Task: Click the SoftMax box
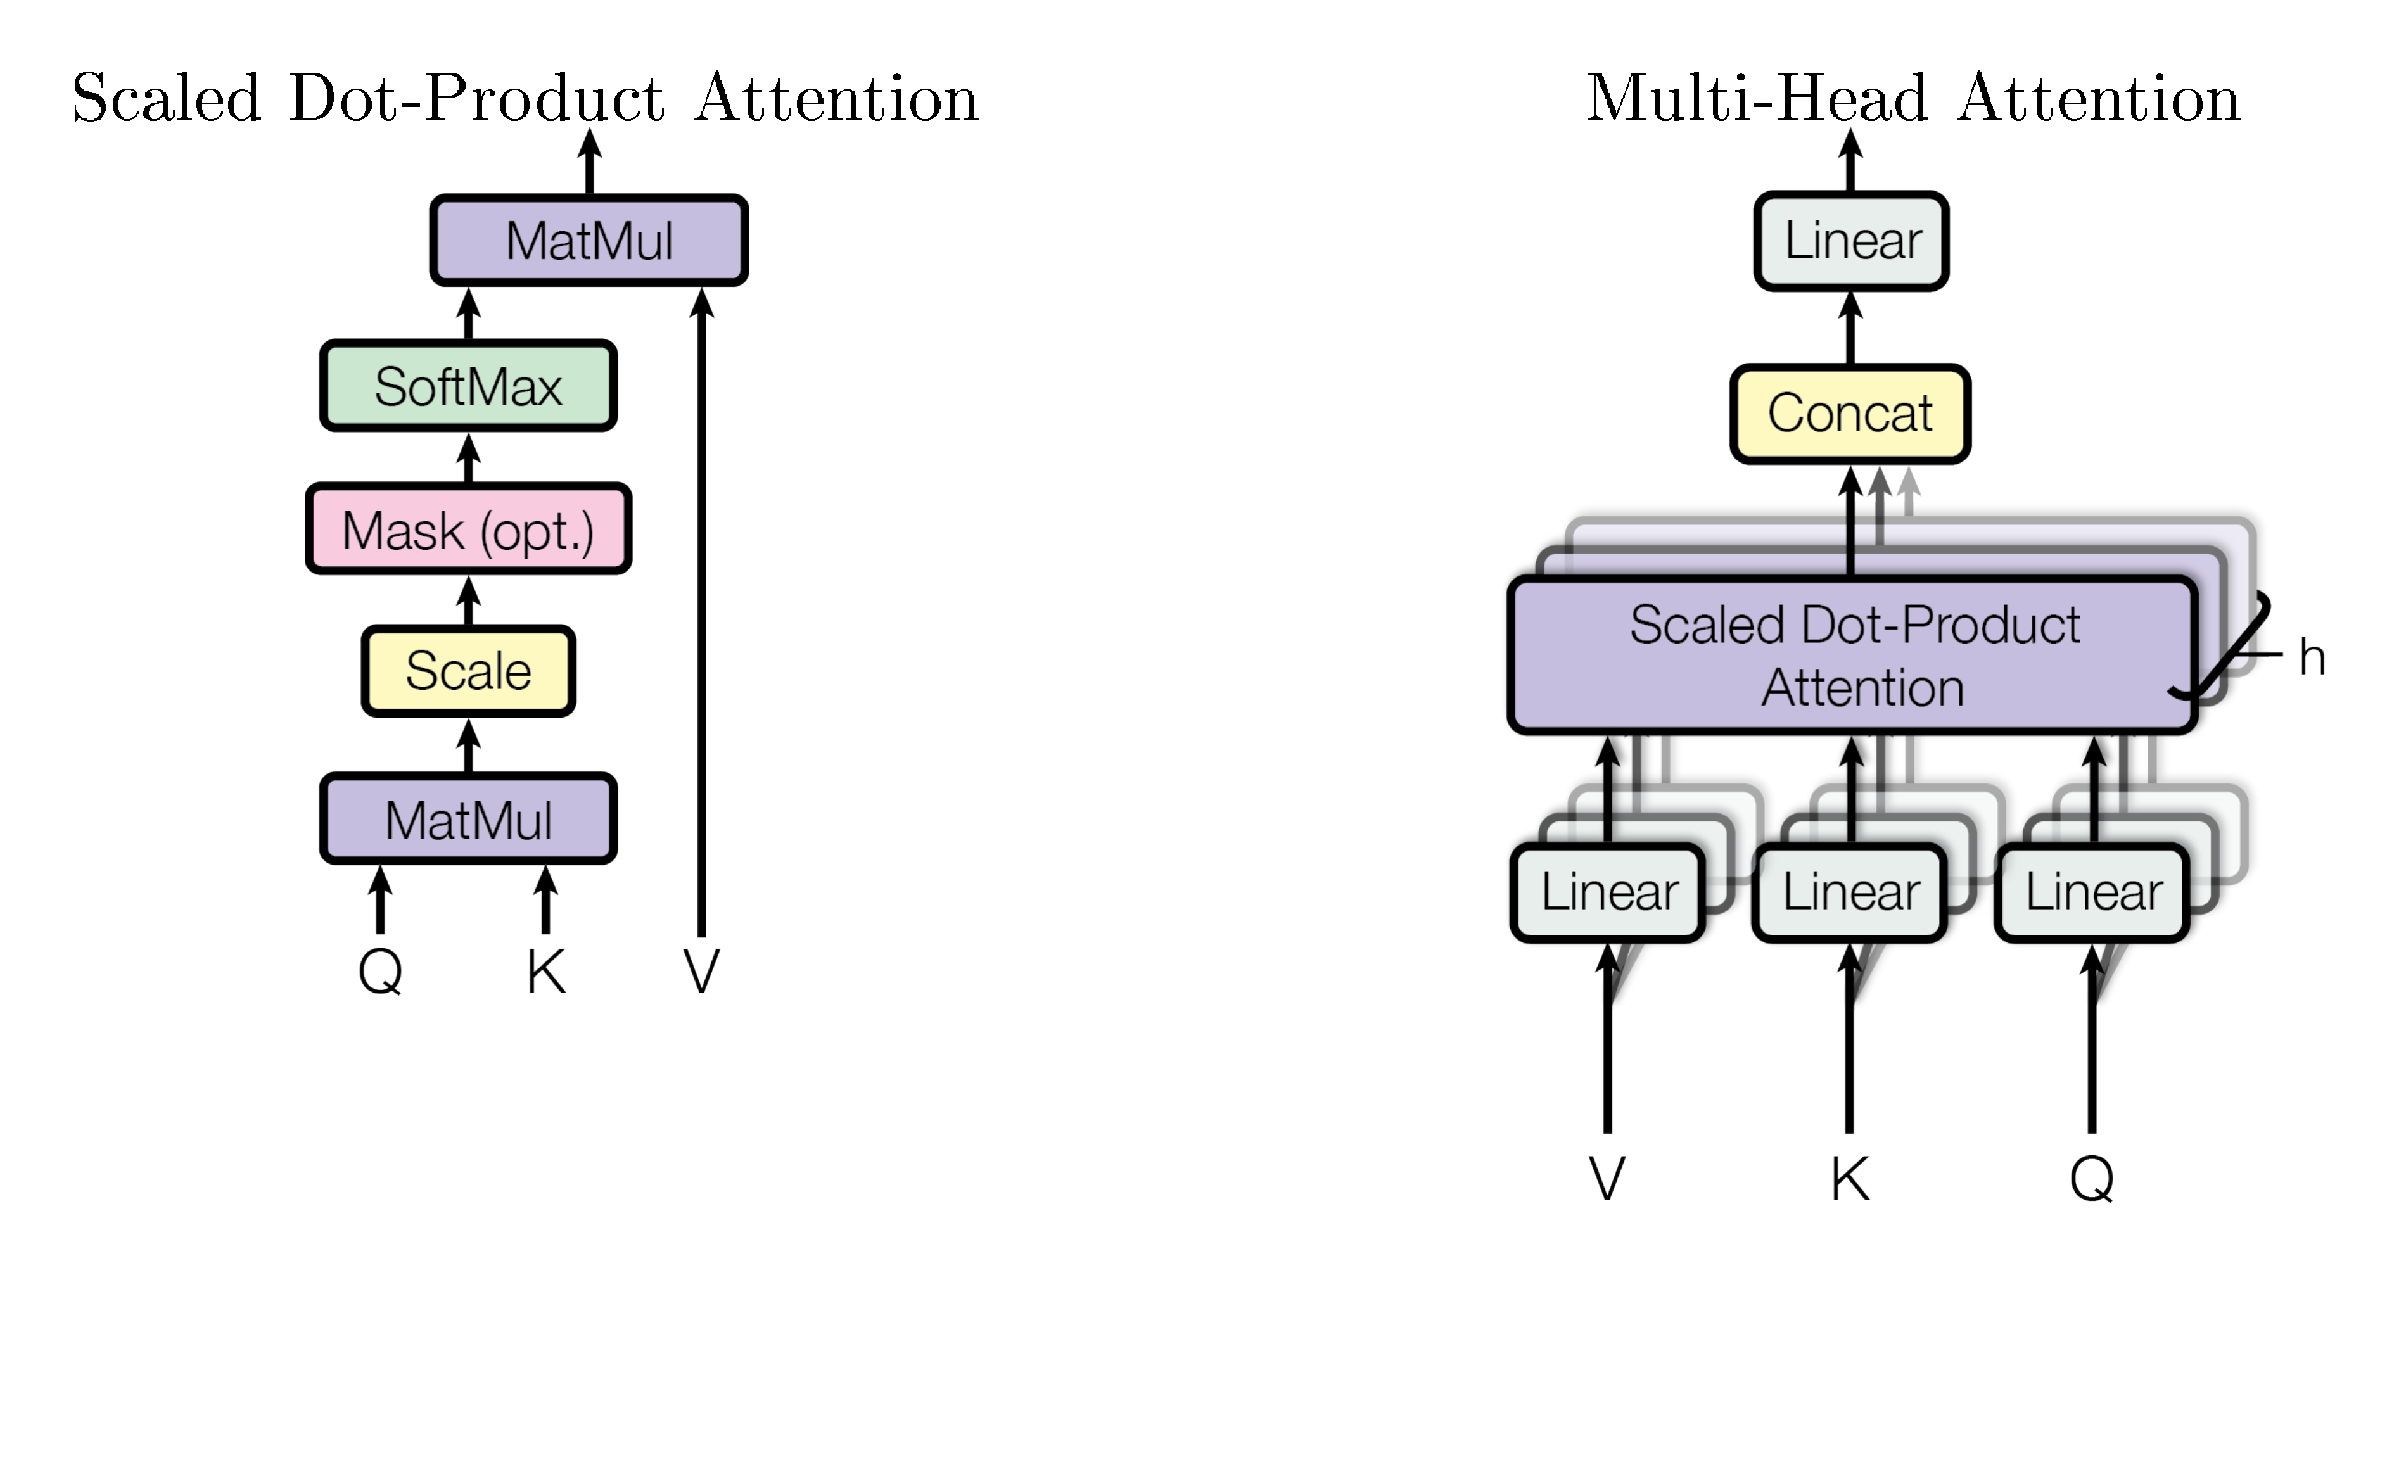click(468, 386)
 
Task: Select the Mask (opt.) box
click(468, 529)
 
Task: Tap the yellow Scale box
click(468, 671)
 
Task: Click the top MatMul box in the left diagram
click(589, 241)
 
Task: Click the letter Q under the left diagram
click(380, 972)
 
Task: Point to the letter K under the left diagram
click(546, 972)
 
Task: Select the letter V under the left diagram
click(701, 972)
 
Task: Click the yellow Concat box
click(1849, 413)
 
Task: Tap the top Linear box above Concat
click(1851, 241)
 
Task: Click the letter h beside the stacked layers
click(2312, 657)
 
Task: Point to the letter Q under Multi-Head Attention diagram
click(2091, 1178)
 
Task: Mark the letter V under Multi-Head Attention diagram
click(1607, 1178)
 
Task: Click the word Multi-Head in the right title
click(1757, 98)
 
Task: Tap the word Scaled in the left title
click(167, 98)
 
